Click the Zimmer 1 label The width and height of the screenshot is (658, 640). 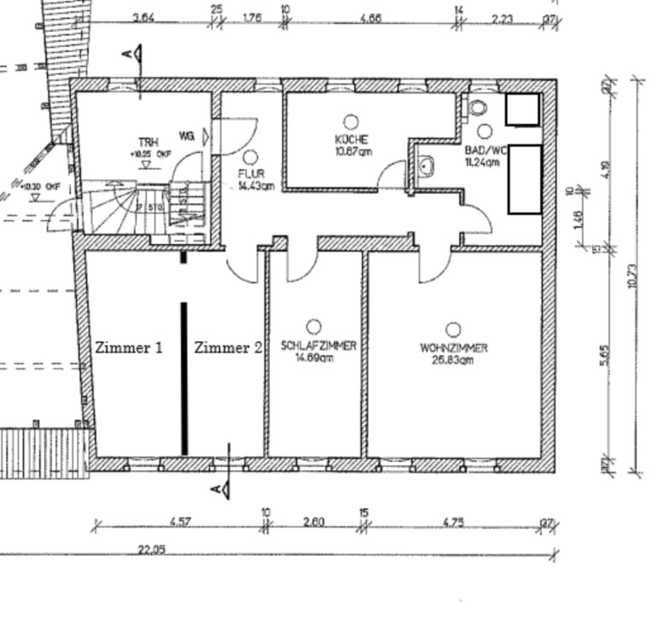[x=129, y=348]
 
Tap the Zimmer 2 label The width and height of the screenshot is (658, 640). [x=228, y=348]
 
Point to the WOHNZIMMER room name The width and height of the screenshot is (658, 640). [x=453, y=348]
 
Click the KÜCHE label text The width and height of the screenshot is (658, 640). [x=351, y=139]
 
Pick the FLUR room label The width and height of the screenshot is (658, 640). [x=252, y=174]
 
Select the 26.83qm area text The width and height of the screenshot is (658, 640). [x=453, y=359]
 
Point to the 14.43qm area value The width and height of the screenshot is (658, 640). [x=255, y=185]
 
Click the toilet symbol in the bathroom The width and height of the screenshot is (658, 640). [x=477, y=108]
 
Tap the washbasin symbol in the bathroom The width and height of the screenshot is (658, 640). [x=426, y=166]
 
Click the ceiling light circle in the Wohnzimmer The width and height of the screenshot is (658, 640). [x=453, y=329]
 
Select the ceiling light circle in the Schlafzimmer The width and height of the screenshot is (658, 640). [x=313, y=326]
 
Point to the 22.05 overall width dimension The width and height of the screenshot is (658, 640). [x=152, y=550]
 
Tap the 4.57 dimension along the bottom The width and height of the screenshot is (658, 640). [x=179, y=521]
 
